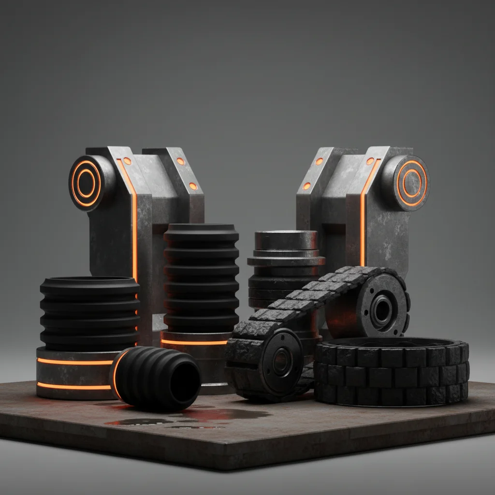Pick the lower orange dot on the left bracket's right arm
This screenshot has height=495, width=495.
192,186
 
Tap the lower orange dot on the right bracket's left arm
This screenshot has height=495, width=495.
306,186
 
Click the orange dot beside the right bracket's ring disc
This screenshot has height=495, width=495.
370,160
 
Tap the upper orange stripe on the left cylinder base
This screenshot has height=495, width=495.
75,362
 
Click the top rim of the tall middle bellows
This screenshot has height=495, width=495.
201,227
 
